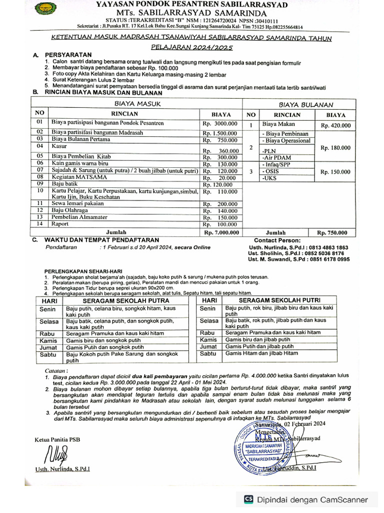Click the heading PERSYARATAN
[68, 54]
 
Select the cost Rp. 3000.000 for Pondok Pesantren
[220, 123]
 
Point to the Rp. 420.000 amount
[335, 126]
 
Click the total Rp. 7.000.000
[221, 232]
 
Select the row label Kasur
[59, 146]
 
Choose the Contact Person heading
[277, 240]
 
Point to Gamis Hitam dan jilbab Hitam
[261, 353]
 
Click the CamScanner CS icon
[248, 499]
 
